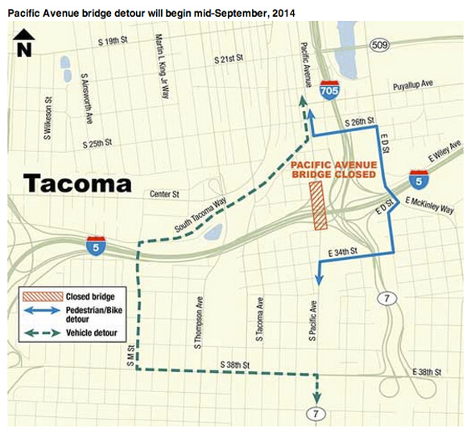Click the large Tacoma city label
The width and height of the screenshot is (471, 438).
76,183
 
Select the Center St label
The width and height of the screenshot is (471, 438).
164,194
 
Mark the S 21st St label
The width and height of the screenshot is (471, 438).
228,60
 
